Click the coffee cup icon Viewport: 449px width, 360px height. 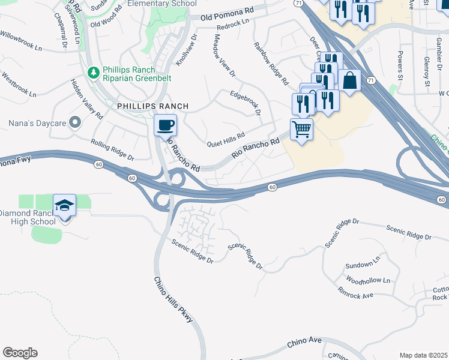click(x=165, y=125)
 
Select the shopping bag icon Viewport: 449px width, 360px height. click(x=349, y=80)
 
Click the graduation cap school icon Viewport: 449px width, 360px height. click(x=65, y=205)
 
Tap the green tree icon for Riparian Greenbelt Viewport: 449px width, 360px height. click(x=93, y=73)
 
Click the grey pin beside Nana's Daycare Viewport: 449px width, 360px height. click(x=75, y=122)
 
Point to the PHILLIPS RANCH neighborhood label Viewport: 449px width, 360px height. click(x=152, y=106)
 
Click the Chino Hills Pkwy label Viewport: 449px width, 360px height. click(x=173, y=301)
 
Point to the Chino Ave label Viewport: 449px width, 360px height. click(x=304, y=343)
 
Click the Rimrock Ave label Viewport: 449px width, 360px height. click(x=355, y=292)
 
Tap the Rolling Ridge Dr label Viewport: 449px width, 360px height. click(x=113, y=149)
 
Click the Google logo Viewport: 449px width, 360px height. click(x=20, y=353)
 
